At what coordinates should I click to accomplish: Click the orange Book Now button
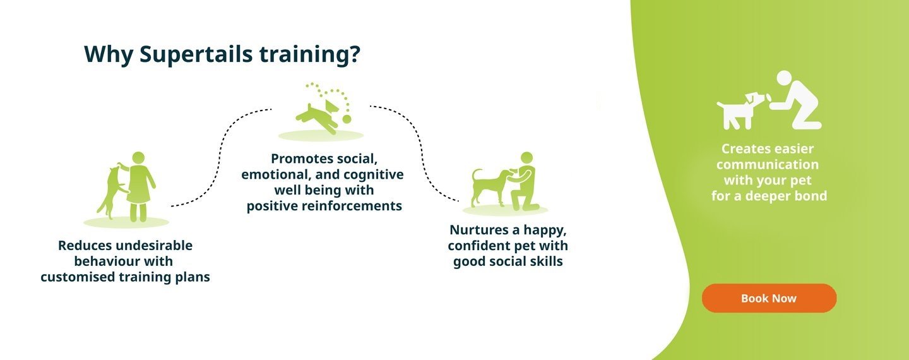(769, 298)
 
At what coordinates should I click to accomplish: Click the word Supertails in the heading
(196, 54)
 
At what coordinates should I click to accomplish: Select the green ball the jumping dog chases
(347, 119)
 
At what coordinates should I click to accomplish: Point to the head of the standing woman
(138, 157)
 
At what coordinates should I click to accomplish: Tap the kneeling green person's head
(526, 158)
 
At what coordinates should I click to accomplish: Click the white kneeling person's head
(784, 78)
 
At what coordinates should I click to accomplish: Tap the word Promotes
(297, 159)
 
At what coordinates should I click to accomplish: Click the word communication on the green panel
(768, 165)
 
